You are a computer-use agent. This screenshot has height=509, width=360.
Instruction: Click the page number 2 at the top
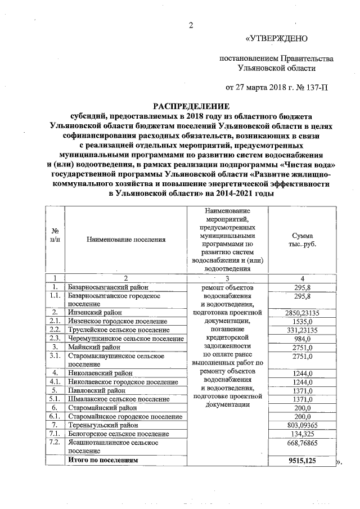tap(191, 24)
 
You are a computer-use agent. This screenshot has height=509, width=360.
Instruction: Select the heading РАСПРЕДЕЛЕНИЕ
tap(192, 106)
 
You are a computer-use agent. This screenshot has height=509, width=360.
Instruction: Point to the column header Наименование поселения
tap(126, 240)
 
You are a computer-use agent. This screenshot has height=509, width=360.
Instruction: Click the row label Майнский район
tap(92, 348)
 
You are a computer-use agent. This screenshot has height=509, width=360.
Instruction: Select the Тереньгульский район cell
tap(102, 425)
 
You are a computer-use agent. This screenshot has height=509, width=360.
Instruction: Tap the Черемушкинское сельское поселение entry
tap(125, 339)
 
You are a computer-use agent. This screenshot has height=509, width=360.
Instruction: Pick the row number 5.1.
tap(55, 399)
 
